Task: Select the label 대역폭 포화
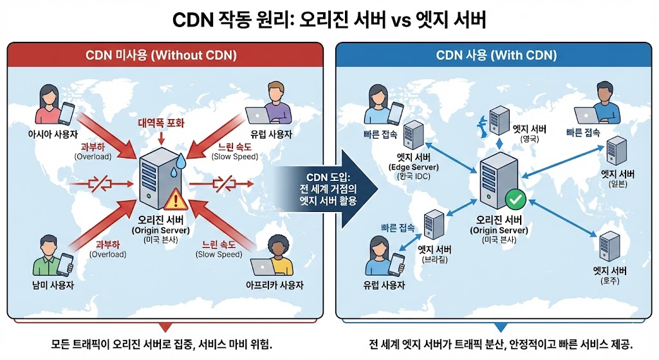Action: click(x=160, y=122)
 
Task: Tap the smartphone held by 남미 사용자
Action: click(x=66, y=263)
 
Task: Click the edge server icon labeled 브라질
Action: click(x=433, y=225)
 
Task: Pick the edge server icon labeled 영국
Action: click(x=499, y=119)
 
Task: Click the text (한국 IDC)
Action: click(x=413, y=176)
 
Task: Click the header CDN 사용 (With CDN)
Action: click(x=496, y=55)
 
